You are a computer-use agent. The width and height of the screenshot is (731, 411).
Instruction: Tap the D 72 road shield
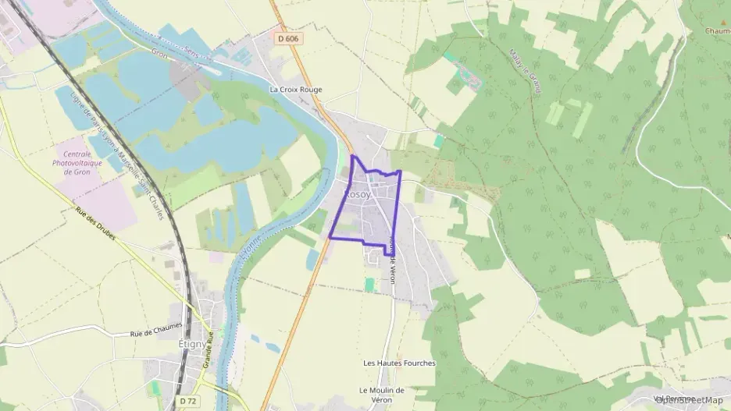[x=187, y=400]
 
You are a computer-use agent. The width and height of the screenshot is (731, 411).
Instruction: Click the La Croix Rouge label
[x=295, y=90]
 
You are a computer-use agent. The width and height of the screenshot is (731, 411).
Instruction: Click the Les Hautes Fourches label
[x=399, y=363]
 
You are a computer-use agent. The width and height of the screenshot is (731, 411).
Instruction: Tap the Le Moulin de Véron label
[x=381, y=395]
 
